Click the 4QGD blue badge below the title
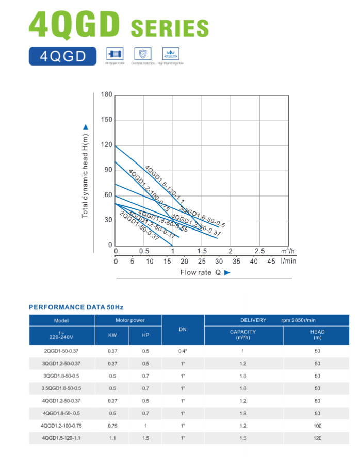click(x=62, y=56)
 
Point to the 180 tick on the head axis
click(x=107, y=95)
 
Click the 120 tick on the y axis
click(x=107, y=145)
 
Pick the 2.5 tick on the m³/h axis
click(x=259, y=251)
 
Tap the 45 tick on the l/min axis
click(x=271, y=261)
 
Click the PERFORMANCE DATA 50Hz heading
click(x=76, y=307)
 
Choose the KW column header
click(x=112, y=336)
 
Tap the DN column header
click(x=183, y=329)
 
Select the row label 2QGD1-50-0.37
click(x=61, y=351)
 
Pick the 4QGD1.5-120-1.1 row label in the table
click(x=61, y=438)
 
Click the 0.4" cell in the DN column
click(x=183, y=351)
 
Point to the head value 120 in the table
click(x=317, y=438)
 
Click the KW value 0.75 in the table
click(x=112, y=426)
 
